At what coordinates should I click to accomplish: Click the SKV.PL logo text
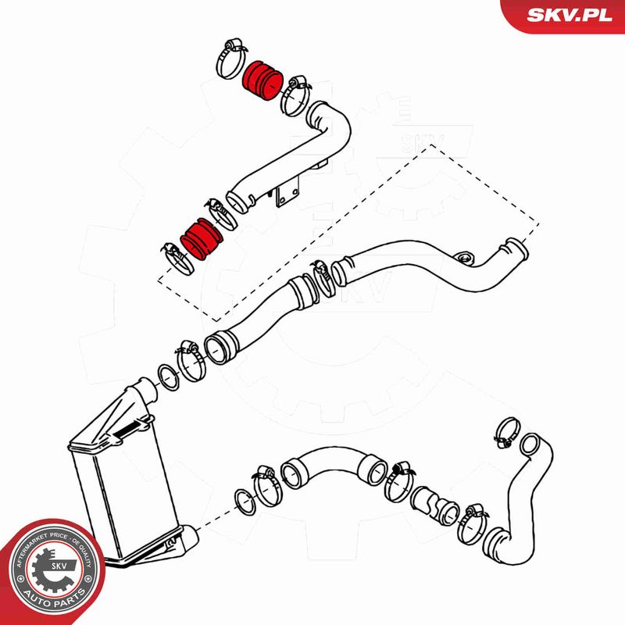[x=570, y=15]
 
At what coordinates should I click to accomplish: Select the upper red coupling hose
[x=262, y=81]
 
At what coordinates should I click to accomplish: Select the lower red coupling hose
[x=202, y=239]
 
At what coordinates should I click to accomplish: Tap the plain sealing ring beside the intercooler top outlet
[x=169, y=377]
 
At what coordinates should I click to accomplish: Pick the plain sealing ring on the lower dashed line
[x=245, y=502]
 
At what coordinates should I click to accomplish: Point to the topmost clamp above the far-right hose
[x=507, y=433]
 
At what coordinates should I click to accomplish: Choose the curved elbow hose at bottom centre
[x=334, y=467]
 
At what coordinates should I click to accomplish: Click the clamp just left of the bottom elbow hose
[x=268, y=485]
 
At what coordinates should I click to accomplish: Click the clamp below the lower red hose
[x=178, y=259]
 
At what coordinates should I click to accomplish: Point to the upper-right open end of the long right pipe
[x=517, y=248]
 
